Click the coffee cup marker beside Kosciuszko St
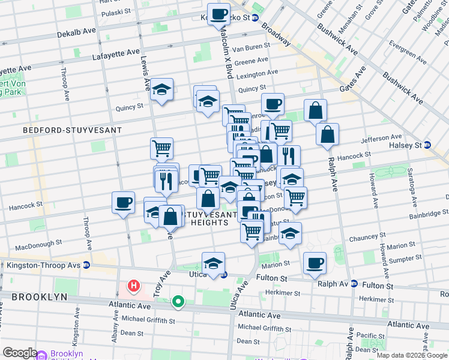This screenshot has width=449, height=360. (x=218, y=13)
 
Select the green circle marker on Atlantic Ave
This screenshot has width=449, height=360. (x=178, y=301)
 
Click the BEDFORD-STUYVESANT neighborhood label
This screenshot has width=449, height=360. (x=72, y=130)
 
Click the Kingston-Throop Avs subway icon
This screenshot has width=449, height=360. (x=86, y=265)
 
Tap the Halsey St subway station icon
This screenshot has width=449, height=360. (x=427, y=145)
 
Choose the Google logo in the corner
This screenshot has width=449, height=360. (x=20, y=353)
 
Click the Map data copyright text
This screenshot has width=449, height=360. (x=412, y=355)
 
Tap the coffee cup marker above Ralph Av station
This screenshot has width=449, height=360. (x=315, y=263)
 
